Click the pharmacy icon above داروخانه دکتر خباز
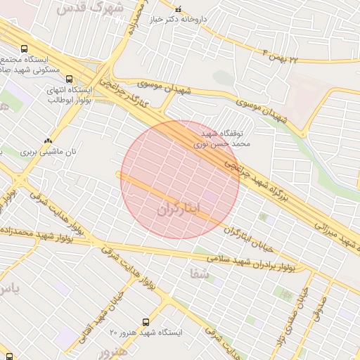[x=177, y=10]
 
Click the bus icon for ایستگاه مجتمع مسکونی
[x=25, y=49]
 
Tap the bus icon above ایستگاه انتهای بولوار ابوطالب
[x=70, y=79]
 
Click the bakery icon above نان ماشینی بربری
[x=48, y=140]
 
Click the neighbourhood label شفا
[x=199, y=272]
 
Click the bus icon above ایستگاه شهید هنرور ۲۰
[x=146, y=321]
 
